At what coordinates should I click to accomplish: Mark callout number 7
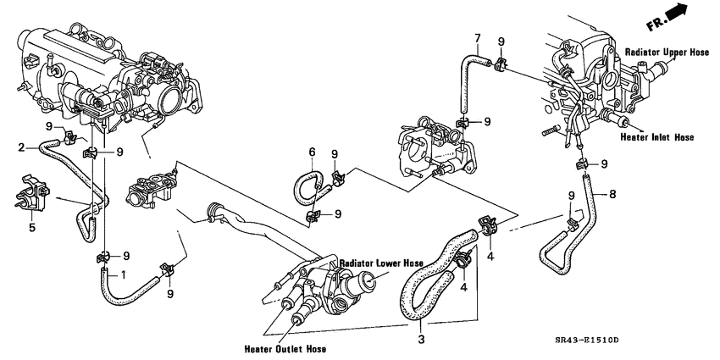477,37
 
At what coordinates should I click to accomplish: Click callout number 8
612,195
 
